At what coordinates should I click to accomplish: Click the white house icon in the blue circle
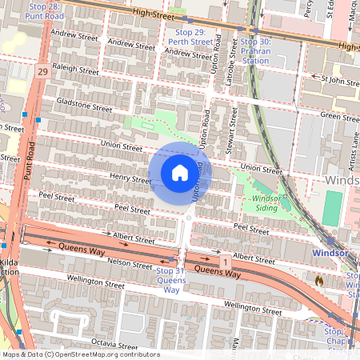(x=180, y=173)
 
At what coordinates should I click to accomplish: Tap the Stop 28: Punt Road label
(x=45, y=10)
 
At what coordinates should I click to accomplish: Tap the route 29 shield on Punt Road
(x=42, y=72)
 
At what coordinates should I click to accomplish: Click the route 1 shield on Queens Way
(x=226, y=262)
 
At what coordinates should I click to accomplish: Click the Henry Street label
(x=130, y=179)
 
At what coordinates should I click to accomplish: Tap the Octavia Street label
(x=114, y=342)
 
